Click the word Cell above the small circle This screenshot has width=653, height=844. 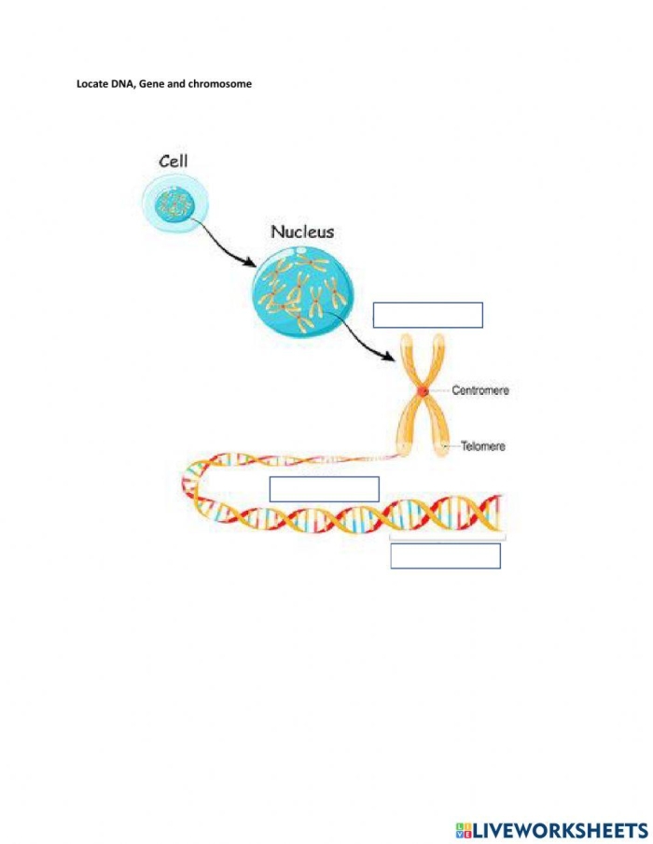[x=174, y=161]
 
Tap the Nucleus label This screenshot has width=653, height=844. [x=302, y=232]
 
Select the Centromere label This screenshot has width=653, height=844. [x=480, y=390]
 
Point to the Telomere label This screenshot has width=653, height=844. [x=483, y=446]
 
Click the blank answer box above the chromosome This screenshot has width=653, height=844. [x=428, y=315]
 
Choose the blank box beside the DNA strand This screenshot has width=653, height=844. [x=325, y=489]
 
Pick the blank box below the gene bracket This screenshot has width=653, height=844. [x=445, y=556]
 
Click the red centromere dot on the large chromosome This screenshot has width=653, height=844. [x=423, y=391]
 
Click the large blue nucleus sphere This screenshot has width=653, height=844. [x=303, y=292]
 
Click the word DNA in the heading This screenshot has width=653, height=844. [x=121, y=83]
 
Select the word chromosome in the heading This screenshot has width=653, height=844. [x=220, y=83]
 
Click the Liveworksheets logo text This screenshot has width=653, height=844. [x=561, y=829]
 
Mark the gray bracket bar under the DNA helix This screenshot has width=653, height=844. [x=448, y=537]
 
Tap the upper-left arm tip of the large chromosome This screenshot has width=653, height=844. [x=407, y=337]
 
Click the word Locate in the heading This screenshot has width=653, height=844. [x=91, y=83]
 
